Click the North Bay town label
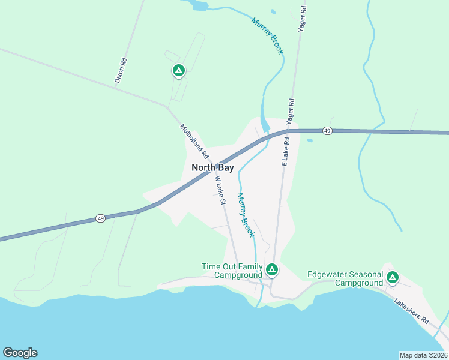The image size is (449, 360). tap(212, 167)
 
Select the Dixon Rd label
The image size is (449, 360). tap(122, 70)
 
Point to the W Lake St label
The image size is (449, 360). tap(219, 190)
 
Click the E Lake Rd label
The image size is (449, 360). tap(285, 151)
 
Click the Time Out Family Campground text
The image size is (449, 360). tap(232, 271)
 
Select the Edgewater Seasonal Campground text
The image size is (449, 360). tap(345, 278)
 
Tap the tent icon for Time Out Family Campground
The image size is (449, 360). tap(271, 270)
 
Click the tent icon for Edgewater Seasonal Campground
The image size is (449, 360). tap(392, 277)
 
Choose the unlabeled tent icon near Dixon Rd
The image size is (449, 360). tap(178, 71)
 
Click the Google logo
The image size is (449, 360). tap(20, 353)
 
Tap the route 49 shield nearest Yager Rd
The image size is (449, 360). tap(327, 130)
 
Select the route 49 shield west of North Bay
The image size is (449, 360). tap(101, 218)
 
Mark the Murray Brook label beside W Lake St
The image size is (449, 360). tap(245, 215)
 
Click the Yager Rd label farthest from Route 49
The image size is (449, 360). tap(302, 19)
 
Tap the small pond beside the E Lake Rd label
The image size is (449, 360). tap(309, 140)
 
